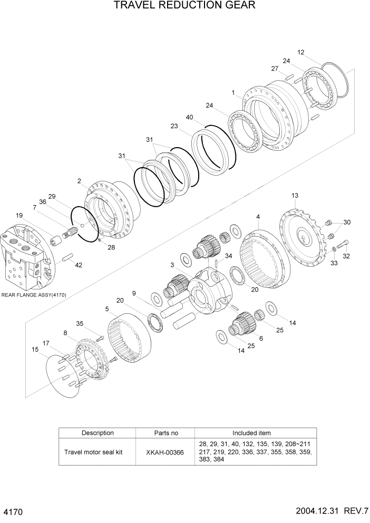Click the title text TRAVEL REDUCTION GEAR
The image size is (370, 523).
coord(184,6)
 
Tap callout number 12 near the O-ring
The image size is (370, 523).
coord(301,52)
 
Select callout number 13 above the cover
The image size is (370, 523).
coord(295,196)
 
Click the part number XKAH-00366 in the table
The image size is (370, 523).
coord(165,452)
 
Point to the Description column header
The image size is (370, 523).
coord(98,433)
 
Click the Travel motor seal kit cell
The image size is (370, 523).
coord(93,452)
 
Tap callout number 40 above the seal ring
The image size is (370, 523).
coord(190,117)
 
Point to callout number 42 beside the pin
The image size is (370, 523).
coord(79,265)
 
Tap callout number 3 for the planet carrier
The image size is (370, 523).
coord(172,264)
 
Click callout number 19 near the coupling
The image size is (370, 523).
coord(19,215)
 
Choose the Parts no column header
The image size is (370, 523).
coord(165,433)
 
